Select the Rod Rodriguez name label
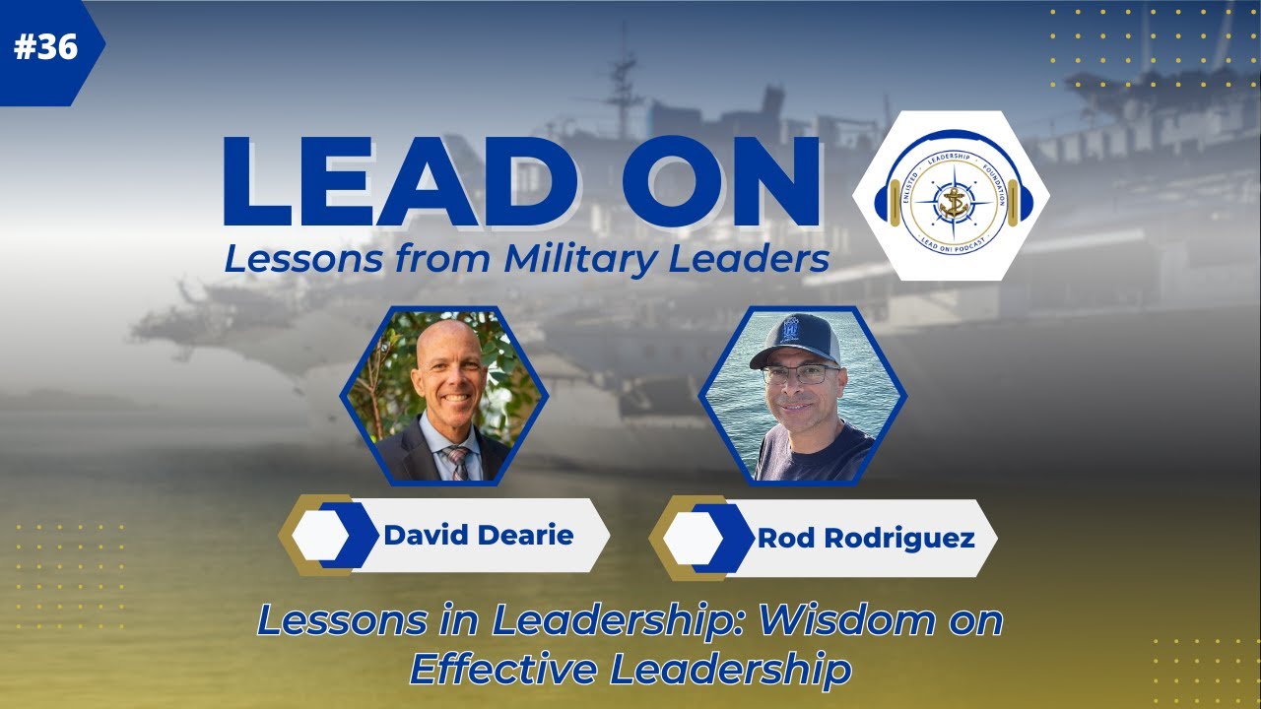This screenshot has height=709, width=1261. [x=851, y=539]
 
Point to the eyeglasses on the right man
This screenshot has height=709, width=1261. [x=799, y=374]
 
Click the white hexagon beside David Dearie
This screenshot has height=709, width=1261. [x=321, y=535]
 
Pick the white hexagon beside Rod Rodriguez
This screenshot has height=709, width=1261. [x=693, y=539]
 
